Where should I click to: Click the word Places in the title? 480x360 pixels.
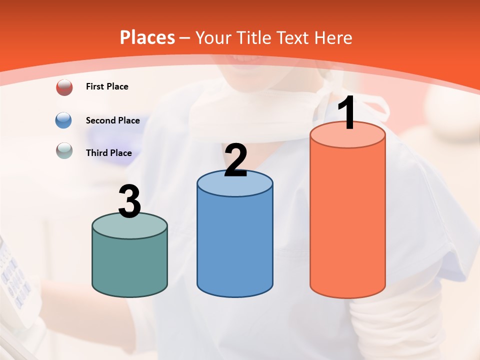[147, 37]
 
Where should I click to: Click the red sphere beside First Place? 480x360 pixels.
[64, 87]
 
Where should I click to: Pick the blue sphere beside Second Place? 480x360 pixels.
[64, 120]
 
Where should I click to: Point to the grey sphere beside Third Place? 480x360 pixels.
[64, 150]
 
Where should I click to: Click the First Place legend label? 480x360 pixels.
[107, 86]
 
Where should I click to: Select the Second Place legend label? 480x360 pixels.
[112, 120]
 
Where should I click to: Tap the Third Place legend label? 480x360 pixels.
[108, 153]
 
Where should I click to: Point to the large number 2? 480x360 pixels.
[236, 160]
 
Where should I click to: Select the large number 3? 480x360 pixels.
[130, 201]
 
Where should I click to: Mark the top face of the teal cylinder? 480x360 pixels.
[129, 226]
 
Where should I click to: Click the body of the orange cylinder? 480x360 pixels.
[347, 220]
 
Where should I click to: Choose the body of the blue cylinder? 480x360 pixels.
[235, 245]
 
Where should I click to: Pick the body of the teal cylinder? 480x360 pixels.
[129, 265]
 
